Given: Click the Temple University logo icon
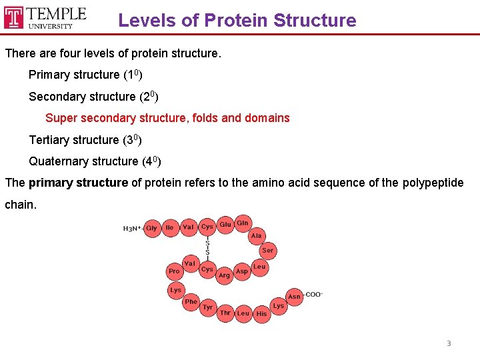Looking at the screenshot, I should pos(13,18).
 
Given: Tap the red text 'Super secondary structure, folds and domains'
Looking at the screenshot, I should pos(167,118).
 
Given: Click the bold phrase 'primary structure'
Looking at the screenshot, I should pos(78,183).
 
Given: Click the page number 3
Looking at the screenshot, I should pos(449,343).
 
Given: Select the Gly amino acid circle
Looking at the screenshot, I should pos(152,228).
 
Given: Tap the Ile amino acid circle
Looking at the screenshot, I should pos(170,228).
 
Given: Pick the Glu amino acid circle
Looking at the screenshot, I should pos(225,225).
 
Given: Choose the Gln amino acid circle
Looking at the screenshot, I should pos(243,223).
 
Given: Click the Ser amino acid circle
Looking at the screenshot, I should pos(267,251).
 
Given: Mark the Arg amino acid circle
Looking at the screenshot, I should pos(225,275).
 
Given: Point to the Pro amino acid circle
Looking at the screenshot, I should pos(174,271).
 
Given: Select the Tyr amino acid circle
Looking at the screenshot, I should pos(208,307).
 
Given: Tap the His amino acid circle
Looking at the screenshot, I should pos(261,313).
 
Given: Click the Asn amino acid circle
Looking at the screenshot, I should pos(294,297).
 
